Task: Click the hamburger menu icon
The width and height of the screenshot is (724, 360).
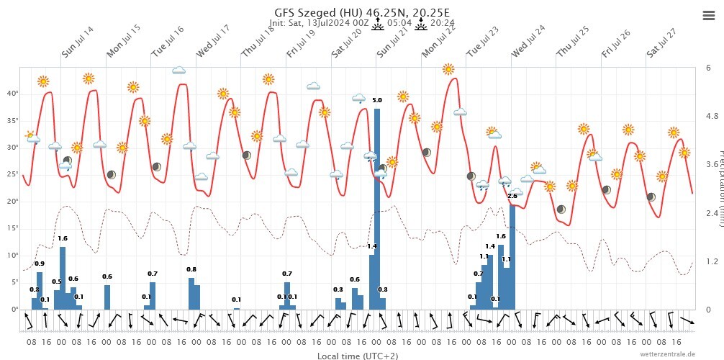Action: pos(707,16)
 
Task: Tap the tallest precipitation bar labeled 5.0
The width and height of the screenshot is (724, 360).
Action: pos(376,208)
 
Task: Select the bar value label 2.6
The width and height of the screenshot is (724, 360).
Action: pos(512,196)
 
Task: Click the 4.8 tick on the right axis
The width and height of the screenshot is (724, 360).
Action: pos(711,116)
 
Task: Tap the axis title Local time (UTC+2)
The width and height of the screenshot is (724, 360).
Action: pos(357,356)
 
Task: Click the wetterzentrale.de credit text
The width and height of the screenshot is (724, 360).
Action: pos(668,354)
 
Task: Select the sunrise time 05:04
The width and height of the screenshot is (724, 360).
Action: pos(399,23)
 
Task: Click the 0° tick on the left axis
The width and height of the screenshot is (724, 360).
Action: pos(14,309)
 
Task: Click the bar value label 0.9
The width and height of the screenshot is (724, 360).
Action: pos(40,264)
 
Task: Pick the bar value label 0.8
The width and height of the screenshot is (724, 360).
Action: pos(191,269)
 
